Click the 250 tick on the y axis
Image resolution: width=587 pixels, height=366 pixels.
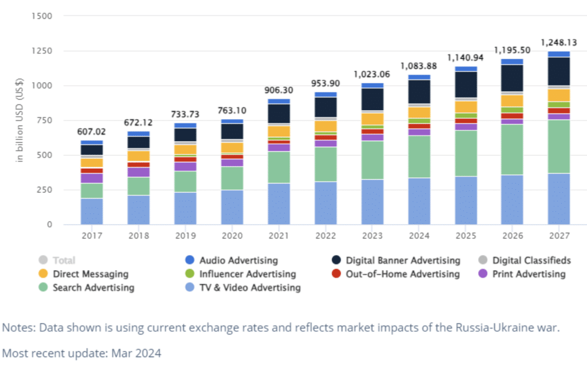[x=45, y=190]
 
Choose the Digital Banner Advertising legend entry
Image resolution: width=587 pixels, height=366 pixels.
[x=402, y=260]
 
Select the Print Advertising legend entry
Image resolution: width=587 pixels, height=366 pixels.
[x=529, y=274]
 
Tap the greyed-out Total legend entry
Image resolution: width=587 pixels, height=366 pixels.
[x=64, y=260]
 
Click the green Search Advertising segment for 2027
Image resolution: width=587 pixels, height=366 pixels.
[x=559, y=146]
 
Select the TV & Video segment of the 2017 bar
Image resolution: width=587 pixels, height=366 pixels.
[x=92, y=211]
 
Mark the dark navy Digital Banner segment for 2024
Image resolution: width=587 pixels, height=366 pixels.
[x=419, y=92]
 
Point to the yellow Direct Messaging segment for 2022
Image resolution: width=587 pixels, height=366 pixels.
[x=326, y=126]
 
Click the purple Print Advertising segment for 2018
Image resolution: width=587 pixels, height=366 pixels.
[x=139, y=172]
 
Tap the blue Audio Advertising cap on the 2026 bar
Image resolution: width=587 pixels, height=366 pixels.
[x=512, y=61]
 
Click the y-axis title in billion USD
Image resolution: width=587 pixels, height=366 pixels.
[x=19, y=120]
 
